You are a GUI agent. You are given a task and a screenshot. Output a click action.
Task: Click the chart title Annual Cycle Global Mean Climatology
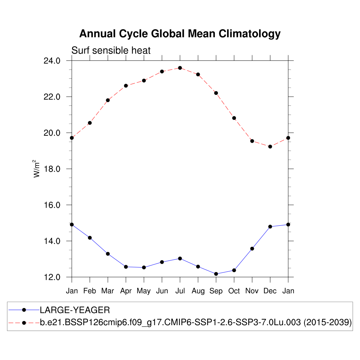(x=180, y=34)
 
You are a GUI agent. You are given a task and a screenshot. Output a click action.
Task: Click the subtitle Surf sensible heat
(x=111, y=51)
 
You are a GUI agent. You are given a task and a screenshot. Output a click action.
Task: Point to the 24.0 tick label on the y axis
(x=52, y=61)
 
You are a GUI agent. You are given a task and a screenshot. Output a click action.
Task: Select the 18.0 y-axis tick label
(x=52, y=169)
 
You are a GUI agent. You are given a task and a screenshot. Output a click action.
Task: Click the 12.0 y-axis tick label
(x=52, y=277)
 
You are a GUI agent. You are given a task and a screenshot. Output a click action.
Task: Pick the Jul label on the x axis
(x=180, y=291)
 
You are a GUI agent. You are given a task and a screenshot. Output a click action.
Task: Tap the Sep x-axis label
(x=216, y=291)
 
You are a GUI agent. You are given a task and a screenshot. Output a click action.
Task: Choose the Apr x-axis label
(x=126, y=291)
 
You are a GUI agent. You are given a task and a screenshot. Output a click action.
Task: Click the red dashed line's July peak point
(x=180, y=68)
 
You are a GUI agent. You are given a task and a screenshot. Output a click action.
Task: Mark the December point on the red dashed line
(x=270, y=147)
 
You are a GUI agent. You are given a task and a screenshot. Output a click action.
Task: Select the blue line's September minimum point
(x=216, y=274)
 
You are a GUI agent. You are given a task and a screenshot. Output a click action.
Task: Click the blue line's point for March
(x=108, y=254)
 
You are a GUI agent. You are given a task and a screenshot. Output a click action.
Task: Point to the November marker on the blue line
(x=252, y=249)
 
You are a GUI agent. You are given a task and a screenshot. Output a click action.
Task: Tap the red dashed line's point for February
(x=90, y=123)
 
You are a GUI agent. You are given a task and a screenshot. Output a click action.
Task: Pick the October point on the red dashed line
(x=234, y=118)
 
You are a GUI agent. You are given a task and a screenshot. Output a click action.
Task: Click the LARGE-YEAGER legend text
(x=75, y=310)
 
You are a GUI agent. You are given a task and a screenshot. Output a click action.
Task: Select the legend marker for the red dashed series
(x=24, y=322)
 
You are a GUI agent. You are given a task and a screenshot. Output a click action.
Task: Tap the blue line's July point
(x=180, y=258)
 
